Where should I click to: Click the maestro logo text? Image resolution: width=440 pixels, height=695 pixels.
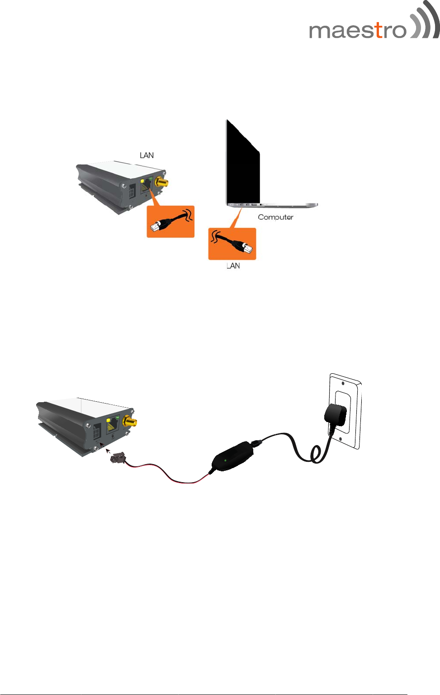pos(357,31)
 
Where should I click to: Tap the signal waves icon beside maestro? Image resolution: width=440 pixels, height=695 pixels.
pos(424,22)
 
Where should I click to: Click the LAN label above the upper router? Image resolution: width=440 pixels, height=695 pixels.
pos(147,155)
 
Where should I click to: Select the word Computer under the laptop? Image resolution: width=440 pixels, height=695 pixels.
pos(275,217)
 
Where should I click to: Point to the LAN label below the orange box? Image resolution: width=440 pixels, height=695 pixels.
pos(233,266)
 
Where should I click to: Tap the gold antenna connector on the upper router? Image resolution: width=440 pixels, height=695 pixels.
pos(161,183)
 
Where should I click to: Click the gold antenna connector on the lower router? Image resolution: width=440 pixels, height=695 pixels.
pos(130,422)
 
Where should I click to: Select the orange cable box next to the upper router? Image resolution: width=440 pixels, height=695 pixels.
pos(170,221)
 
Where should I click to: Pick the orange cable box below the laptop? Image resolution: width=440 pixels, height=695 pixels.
pos(232,244)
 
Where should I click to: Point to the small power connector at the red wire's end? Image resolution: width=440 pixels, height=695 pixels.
pos(118,459)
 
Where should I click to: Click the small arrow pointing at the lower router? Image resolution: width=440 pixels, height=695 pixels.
pos(108,450)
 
